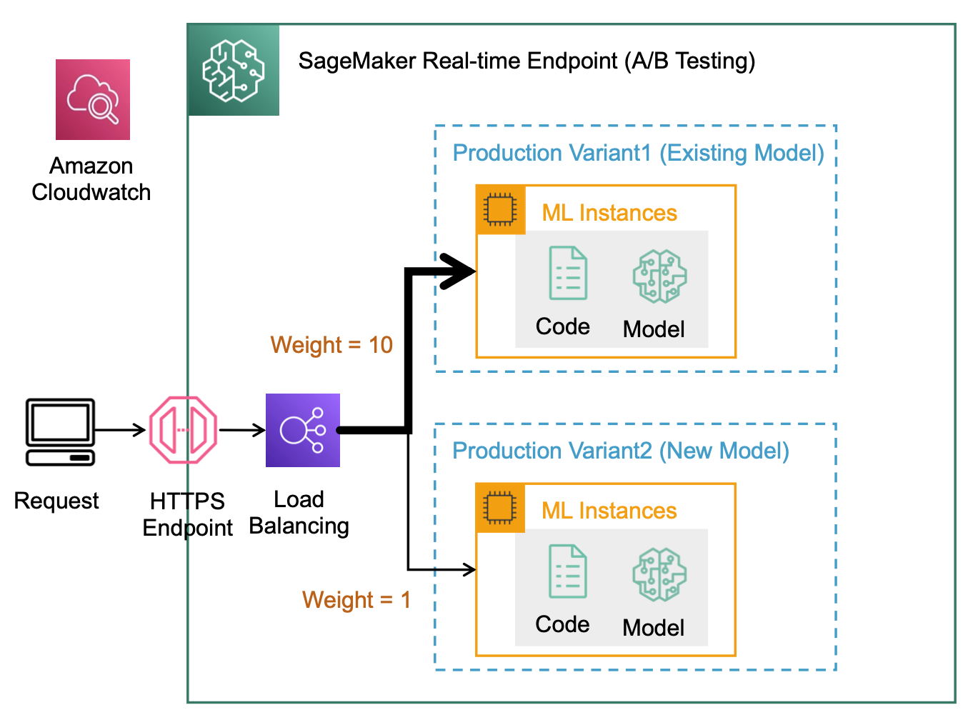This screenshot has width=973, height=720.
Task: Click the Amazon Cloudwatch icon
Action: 93,99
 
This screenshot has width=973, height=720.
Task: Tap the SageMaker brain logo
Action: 234,70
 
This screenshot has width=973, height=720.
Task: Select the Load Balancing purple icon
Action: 303,430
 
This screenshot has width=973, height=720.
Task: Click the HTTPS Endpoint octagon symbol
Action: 183,430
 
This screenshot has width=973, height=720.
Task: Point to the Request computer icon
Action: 60,431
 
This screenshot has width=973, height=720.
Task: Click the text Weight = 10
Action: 331,345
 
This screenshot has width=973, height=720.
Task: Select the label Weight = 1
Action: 356,599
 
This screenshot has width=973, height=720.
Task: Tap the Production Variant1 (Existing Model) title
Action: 638,153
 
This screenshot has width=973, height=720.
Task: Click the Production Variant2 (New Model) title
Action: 621,451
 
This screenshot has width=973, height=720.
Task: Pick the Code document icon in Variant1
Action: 568,273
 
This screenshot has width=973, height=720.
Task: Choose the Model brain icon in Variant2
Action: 659,574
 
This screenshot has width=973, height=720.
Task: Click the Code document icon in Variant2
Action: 568,571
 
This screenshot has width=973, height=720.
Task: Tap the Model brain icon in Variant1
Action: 660,276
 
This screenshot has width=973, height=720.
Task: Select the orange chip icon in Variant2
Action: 500,508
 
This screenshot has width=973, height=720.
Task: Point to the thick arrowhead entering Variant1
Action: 459,271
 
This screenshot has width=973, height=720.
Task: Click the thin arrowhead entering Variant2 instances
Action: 470,569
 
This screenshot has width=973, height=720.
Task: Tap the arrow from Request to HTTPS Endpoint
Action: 121,430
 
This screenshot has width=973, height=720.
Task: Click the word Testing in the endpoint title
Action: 715,61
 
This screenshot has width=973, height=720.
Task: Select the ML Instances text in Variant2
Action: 609,511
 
